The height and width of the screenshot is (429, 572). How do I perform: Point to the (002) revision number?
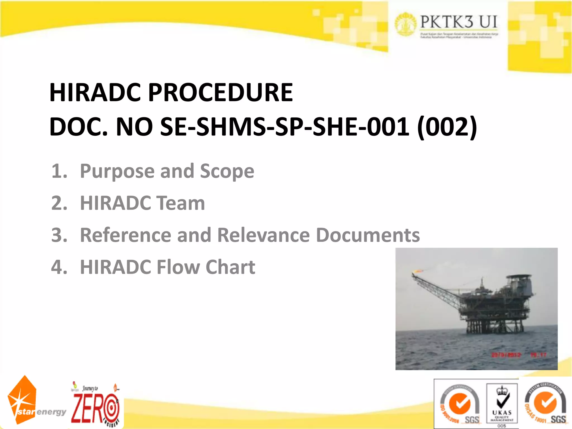click(x=447, y=127)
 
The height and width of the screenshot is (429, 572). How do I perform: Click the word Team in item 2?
click(x=180, y=203)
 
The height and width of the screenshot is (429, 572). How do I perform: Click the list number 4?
click(x=59, y=267)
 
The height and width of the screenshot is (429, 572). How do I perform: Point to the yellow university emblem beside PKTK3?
click(x=406, y=24)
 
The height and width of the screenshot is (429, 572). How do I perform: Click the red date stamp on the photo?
click(x=506, y=355)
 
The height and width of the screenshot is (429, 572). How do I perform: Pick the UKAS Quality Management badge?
click(x=502, y=404)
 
